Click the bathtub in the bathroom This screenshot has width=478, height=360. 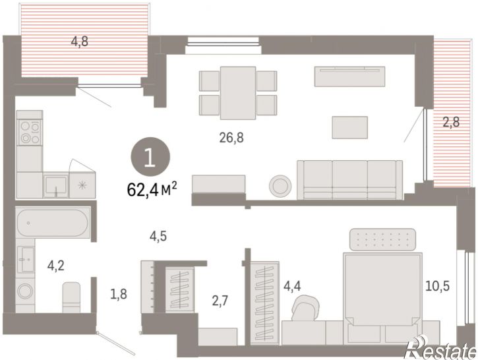pyautogui.click(x=53, y=223)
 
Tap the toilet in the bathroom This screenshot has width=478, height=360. pyautogui.click(x=71, y=297)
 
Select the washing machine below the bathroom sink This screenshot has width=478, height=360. pyautogui.click(x=25, y=291)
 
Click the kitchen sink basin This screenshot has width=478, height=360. pyautogui.click(x=56, y=185)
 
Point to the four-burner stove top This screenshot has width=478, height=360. pyautogui.click(x=30, y=133)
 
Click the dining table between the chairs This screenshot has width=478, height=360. pyautogui.click(x=238, y=93)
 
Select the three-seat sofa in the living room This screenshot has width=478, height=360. pyautogui.click(x=349, y=180)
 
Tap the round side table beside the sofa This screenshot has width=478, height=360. pyautogui.click(x=280, y=186)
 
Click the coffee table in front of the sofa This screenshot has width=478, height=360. pyautogui.click(x=349, y=127)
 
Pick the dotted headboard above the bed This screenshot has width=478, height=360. pyautogui.click(x=382, y=239)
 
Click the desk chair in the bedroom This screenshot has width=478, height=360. pyautogui.click(x=305, y=308)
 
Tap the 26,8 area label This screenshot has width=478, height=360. pyautogui.click(x=231, y=138)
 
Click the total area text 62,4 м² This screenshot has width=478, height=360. pyautogui.click(x=152, y=190)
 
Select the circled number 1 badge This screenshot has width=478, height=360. pyautogui.click(x=150, y=157)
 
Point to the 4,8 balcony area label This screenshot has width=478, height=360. pyautogui.click(x=80, y=42)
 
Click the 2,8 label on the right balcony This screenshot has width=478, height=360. pyautogui.click(x=451, y=122)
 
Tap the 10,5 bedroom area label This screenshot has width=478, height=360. pyautogui.click(x=438, y=286)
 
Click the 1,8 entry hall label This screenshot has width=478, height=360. pyautogui.click(x=119, y=295)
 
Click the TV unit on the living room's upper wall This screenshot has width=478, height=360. pyautogui.click(x=349, y=76)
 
